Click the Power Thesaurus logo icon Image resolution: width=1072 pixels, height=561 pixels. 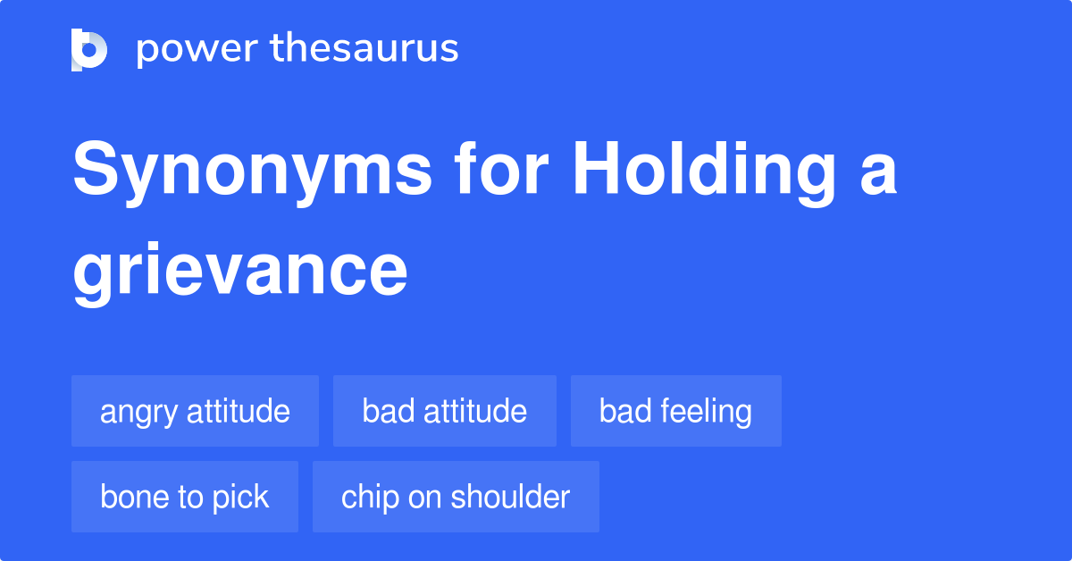pyautogui.click(x=89, y=50)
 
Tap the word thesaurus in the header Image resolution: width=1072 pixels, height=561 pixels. pyautogui.click(x=364, y=47)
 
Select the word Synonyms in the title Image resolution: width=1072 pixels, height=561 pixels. pyautogui.click(x=252, y=172)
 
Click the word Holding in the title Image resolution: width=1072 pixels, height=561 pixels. pyautogui.click(x=705, y=172)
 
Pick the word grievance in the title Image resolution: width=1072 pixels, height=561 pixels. pyautogui.click(x=240, y=273)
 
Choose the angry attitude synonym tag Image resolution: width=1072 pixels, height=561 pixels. pyautogui.click(x=196, y=411)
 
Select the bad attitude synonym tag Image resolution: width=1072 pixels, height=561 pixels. pyautogui.click(x=445, y=411)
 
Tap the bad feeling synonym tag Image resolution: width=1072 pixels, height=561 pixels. pyautogui.click(x=675, y=411)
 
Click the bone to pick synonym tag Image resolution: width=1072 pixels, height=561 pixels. pyautogui.click(x=185, y=497)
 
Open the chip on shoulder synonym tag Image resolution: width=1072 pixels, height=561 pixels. pyautogui.click(x=456, y=497)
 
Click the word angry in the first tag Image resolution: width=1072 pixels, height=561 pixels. pyautogui.click(x=138, y=413)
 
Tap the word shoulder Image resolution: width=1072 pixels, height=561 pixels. pyautogui.click(x=510, y=496)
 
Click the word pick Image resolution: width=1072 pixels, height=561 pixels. pyautogui.click(x=240, y=498)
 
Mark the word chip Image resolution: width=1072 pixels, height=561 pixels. pyautogui.click(x=371, y=498)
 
